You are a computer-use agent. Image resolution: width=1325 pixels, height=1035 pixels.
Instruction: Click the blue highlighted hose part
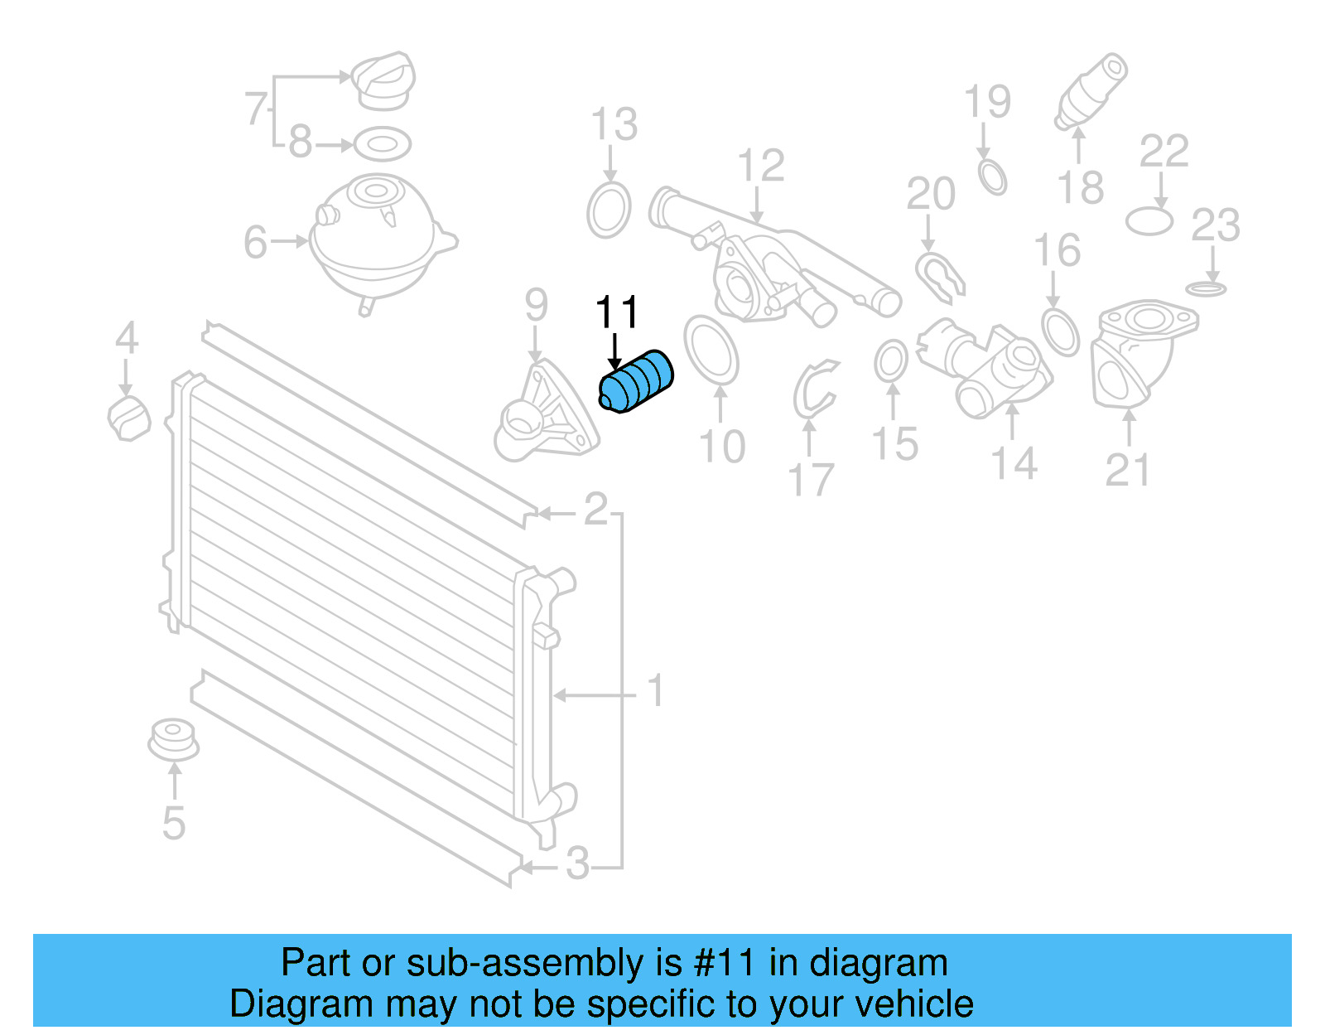tap(636, 381)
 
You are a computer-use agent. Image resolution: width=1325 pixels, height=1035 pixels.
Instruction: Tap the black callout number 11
tap(617, 312)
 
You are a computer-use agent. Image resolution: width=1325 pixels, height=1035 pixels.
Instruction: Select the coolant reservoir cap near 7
tap(383, 81)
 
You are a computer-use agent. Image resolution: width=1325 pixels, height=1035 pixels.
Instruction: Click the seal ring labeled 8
tap(383, 144)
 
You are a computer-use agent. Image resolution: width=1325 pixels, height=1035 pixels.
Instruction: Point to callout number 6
tap(255, 242)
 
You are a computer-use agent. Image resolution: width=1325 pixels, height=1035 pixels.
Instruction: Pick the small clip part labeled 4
tap(129, 418)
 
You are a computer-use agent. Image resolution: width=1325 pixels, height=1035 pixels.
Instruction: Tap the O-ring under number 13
tap(609, 210)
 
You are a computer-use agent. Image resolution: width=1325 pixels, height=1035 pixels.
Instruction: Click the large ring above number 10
tap(711, 350)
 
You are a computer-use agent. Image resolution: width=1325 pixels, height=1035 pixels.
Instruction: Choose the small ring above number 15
tap(891, 361)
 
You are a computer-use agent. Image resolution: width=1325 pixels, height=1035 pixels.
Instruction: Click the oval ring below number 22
tap(1149, 221)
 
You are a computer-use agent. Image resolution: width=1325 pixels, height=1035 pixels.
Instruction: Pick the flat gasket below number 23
tap(1206, 289)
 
